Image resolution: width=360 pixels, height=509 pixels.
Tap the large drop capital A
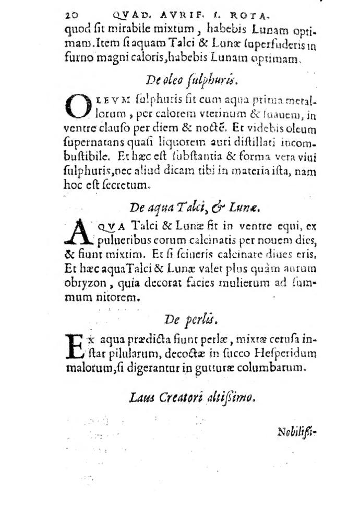77,233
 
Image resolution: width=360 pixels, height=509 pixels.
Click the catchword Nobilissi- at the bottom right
297,432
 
